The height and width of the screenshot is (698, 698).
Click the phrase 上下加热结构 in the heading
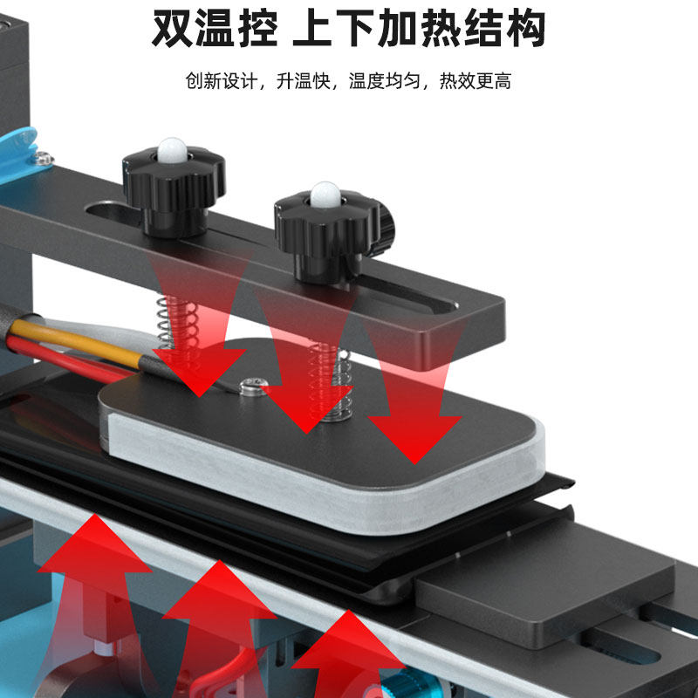419,30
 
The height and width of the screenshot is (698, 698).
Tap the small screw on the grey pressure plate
253,385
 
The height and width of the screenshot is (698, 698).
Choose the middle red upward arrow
215,611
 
